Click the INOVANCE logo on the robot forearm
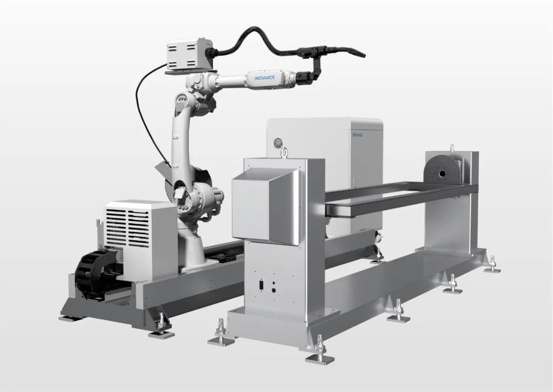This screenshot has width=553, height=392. click(x=265, y=77)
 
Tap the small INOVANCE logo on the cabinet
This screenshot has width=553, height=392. click(x=357, y=134)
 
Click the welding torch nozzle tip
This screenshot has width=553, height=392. click(x=364, y=55)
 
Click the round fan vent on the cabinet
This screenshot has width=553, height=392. click(x=279, y=142)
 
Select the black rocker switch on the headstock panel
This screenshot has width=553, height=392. click(x=261, y=284)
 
